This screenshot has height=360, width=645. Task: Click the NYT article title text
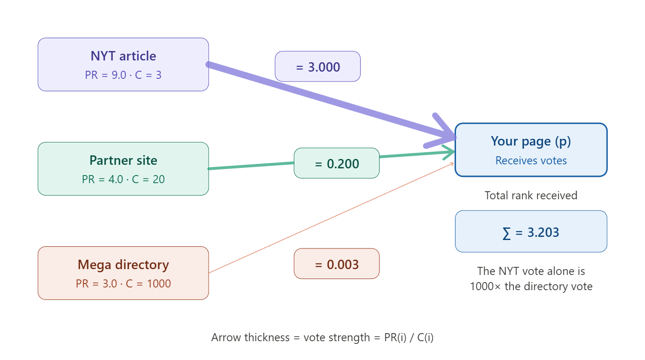pyautogui.click(x=123, y=56)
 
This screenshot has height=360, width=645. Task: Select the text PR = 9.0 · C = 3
pyautogui.click(x=123, y=75)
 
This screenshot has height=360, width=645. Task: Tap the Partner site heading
pyautogui.click(x=123, y=160)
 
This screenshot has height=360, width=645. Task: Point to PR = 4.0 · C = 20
pyautogui.click(x=123, y=179)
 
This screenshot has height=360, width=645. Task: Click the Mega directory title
pyautogui.click(x=123, y=265)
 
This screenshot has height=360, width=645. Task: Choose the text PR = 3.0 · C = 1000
pyautogui.click(x=123, y=283)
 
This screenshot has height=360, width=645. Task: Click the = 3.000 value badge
pyautogui.click(x=318, y=67)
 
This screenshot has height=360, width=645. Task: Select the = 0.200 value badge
pyautogui.click(x=336, y=163)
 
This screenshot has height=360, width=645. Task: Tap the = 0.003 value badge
pyautogui.click(x=336, y=264)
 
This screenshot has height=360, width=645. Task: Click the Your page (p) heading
pyautogui.click(x=531, y=141)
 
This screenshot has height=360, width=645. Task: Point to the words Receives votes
pyautogui.click(x=531, y=160)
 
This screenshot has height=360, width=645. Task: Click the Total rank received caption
pyautogui.click(x=531, y=195)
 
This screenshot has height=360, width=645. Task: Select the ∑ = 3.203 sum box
pyautogui.click(x=531, y=232)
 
